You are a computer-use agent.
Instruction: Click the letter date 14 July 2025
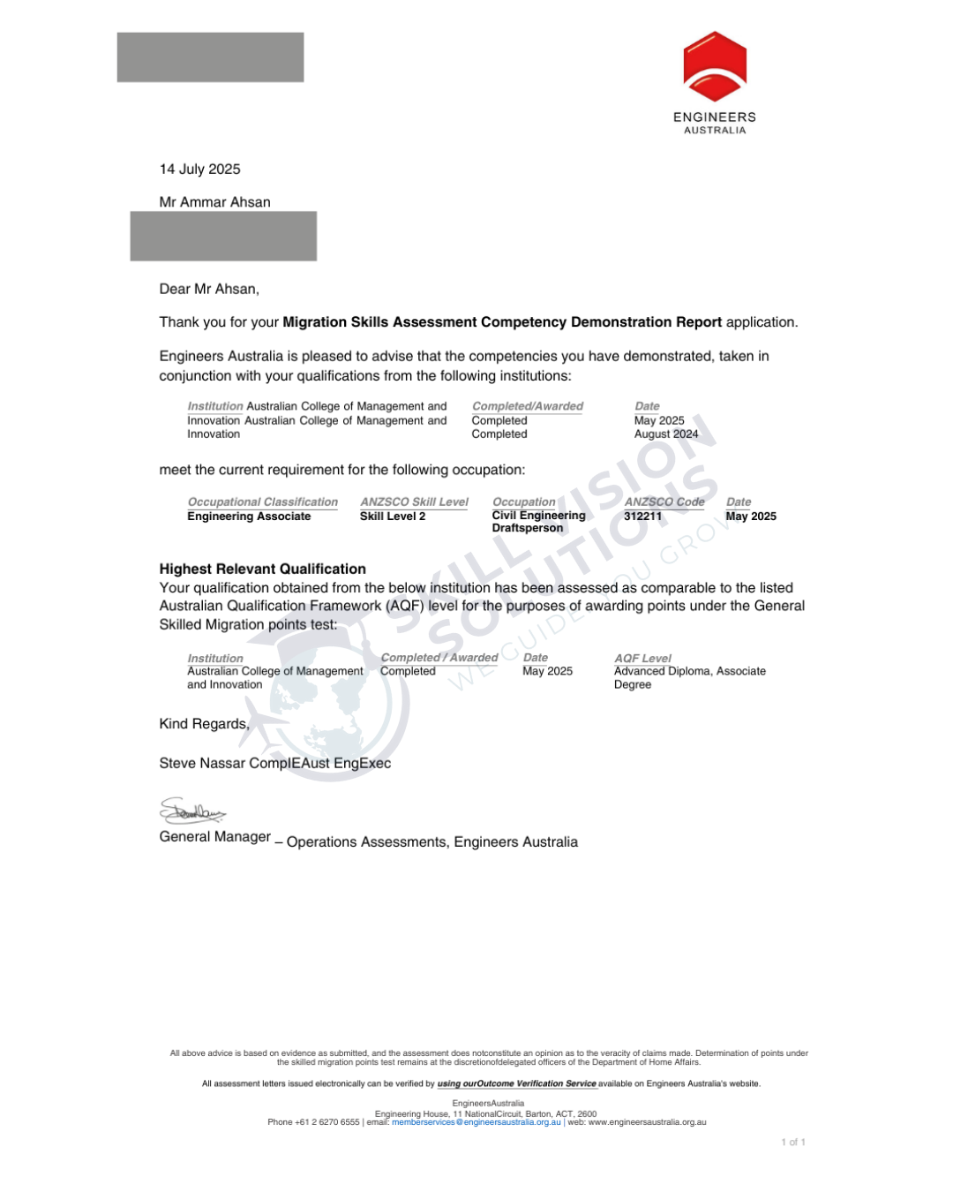[199, 170]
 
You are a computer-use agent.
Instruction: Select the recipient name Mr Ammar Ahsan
[214, 202]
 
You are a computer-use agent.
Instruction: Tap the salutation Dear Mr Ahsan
[209, 290]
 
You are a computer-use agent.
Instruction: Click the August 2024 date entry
[666, 434]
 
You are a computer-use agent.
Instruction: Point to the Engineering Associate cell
[249, 517]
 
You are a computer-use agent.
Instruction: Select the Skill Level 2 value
[393, 517]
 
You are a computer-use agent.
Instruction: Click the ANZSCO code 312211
[642, 517]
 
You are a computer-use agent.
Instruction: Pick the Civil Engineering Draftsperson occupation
[538, 522]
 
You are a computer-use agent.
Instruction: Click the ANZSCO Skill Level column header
[414, 502]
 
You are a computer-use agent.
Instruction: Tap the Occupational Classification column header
[262, 502]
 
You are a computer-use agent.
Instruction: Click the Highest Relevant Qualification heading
[262, 570]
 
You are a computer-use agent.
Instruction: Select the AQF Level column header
[642, 659]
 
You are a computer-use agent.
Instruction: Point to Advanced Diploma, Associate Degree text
[689, 677]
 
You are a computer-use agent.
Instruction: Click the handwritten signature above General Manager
[192, 811]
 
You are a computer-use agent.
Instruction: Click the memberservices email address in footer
[476, 1122]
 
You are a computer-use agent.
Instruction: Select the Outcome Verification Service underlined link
[517, 1083]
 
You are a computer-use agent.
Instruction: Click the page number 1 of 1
[792, 1143]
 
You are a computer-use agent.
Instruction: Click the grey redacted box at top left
[210, 57]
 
